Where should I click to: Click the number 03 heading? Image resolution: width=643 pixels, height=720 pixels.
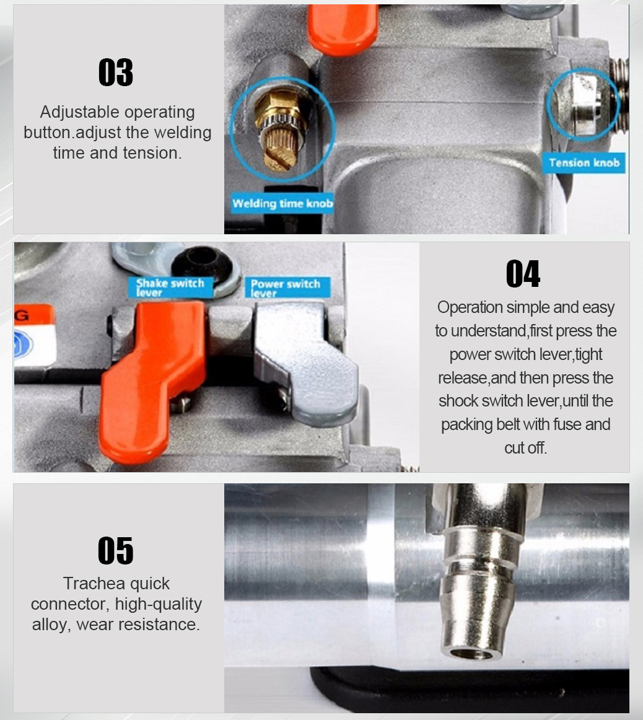[116, 72]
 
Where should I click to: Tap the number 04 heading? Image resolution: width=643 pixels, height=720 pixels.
[523, 274]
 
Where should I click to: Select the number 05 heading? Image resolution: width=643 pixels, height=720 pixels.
[116, 551]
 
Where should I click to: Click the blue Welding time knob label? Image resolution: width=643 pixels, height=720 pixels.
[282, 203]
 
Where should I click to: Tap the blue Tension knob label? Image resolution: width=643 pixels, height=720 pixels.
[584, 162]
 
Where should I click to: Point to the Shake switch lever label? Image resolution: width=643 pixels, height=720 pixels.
[170, 288]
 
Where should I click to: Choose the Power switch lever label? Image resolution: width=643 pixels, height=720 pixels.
[286, 288]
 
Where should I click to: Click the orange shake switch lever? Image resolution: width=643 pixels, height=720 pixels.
[151, 377]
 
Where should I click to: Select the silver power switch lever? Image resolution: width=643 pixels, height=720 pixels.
[305, 362]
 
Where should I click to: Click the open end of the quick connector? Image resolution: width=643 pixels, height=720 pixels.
[472, 654]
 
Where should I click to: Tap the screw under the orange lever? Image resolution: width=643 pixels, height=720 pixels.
[182, 403]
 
